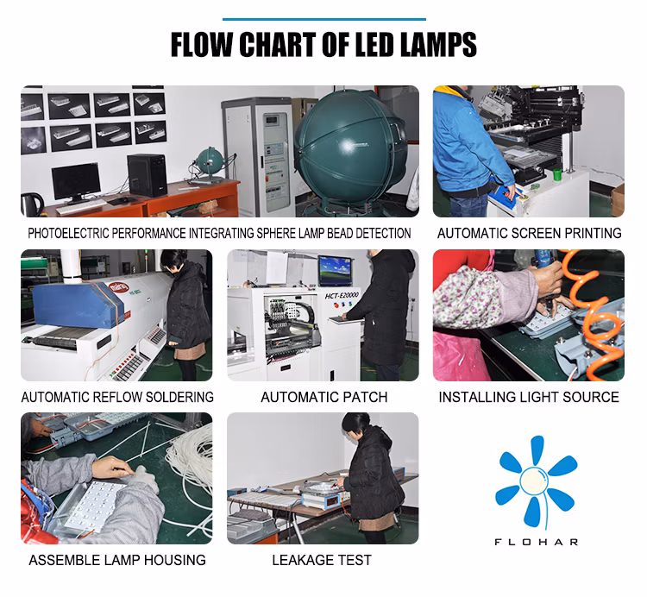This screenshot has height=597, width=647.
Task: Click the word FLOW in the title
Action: pyautogui.click(x=202, y=44)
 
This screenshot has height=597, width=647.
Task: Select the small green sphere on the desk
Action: pyautogui.click(x=210, y=161)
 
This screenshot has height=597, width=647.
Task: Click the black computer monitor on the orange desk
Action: pyautogui.click(x=76, y=181)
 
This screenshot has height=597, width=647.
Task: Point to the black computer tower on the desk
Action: pyautogui.click(x=147, y=175)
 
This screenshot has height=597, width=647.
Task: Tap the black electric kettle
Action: pyautogui.click(x=32, y=204)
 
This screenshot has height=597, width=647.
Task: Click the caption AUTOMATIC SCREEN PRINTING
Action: pyautogui.click(x=530, y=233)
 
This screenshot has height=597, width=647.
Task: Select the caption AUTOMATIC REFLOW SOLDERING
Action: pyautogui.click(x=117, y=397)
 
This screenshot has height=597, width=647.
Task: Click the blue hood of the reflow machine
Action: pyautogui.click(x=76, y=305)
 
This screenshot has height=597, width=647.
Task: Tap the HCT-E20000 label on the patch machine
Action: pyautogui.click(x=342, y=295)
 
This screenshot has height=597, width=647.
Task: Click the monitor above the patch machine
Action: pyautogui.click(x=335, y=271)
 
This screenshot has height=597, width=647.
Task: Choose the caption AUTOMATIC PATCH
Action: pyautogui.click(x=323, y=397)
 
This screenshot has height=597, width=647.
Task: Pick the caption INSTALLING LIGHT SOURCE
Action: pyautogui.click(x=529, y=397)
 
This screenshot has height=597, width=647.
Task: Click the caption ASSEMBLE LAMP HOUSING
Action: pyautogui.click(x=117, y=560)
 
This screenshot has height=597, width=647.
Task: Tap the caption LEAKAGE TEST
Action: pyautogui.click(x=322, y=560)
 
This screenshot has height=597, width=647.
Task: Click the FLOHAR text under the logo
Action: pyautogui.click(x=536, y=542)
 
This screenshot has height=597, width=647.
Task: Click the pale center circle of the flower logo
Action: pyautogui.click(x=533, y=481)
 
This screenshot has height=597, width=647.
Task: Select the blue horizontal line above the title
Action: pyautogui.click(x=324, y=19)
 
